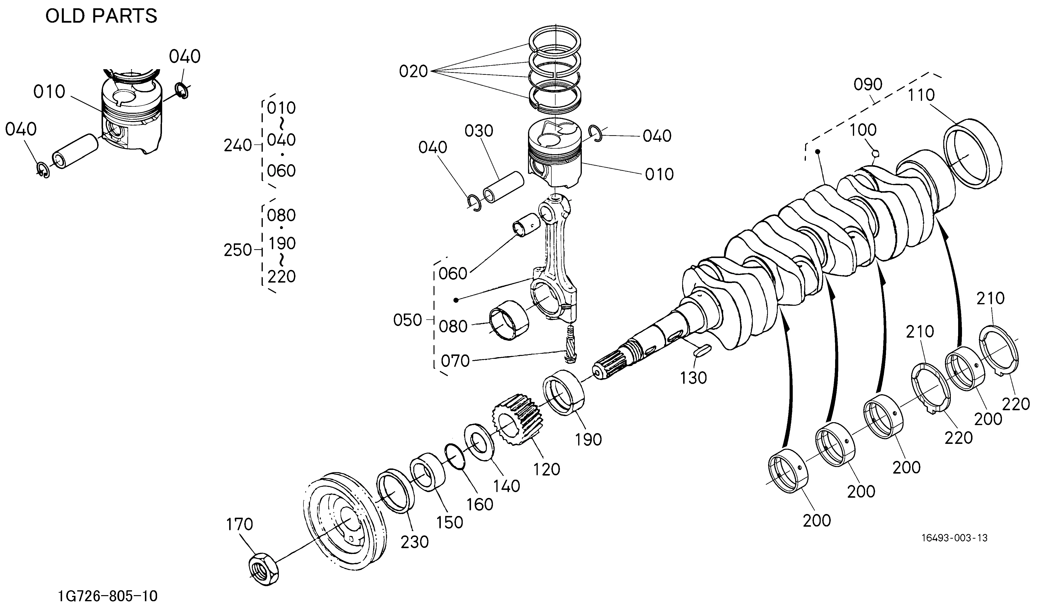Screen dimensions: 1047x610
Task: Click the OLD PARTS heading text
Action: [x=101, y=17]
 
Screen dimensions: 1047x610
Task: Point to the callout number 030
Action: [x=479, y=131]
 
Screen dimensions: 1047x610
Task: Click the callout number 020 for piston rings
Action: [x=413, y=71]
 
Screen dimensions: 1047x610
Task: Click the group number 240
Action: [x=238, y=145]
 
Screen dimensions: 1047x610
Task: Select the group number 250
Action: [x=238, y=250]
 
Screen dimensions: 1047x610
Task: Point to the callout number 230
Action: [x=415, y=542]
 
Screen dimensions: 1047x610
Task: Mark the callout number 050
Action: [x=408, y=320]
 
